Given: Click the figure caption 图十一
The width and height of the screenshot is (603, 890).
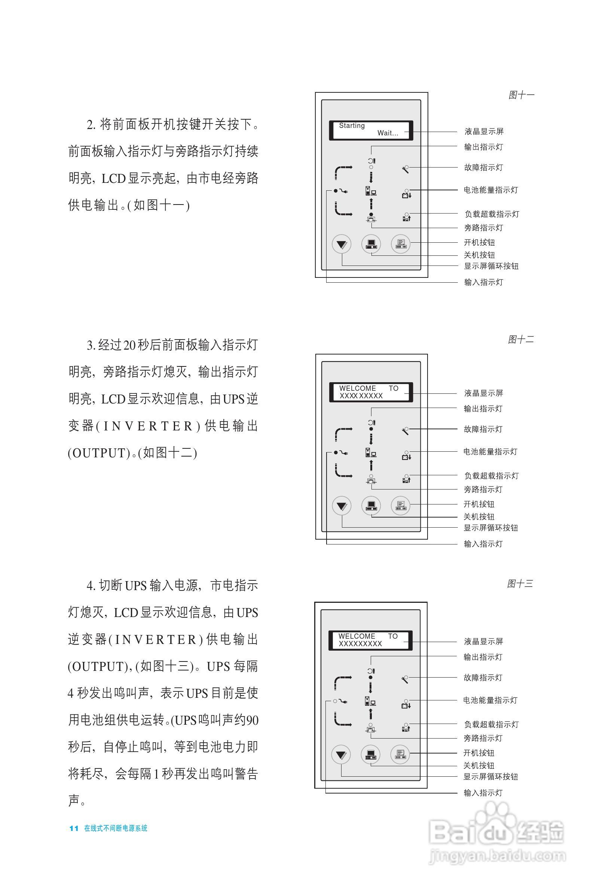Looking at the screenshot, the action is tap(521, 95).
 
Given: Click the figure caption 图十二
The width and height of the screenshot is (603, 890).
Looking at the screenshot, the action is tap(520, 339).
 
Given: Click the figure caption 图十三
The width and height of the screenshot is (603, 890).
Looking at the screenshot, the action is tap(520, 584).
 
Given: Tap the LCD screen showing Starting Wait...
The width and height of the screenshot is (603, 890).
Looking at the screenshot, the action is tap(370, 130).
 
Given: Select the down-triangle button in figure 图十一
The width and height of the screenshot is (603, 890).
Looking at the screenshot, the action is tap(342, 244).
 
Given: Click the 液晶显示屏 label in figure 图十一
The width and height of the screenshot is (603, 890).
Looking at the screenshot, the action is tap(484, 132).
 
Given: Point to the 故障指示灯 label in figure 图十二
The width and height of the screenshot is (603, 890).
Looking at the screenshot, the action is tap(483, 429).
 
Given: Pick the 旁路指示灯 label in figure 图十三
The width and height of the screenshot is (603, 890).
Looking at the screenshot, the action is tap(483, 738).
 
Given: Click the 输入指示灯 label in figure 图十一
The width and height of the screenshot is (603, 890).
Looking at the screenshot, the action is tap(483, 282).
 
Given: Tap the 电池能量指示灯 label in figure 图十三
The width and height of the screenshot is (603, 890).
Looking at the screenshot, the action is tap(490, 700).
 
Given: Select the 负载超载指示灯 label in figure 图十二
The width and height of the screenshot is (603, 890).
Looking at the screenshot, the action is tap(491, 476).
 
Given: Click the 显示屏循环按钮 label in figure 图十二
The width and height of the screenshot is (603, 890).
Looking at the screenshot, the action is tap(490, 528).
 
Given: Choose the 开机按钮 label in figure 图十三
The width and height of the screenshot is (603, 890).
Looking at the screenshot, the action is tap(478, 753).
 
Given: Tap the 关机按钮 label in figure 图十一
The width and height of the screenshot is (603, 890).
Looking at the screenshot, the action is tap(479, 255).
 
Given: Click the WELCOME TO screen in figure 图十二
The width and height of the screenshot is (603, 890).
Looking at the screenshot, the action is tap(370, 392).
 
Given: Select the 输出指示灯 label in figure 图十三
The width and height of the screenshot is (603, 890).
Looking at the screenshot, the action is tap(483, 657).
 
